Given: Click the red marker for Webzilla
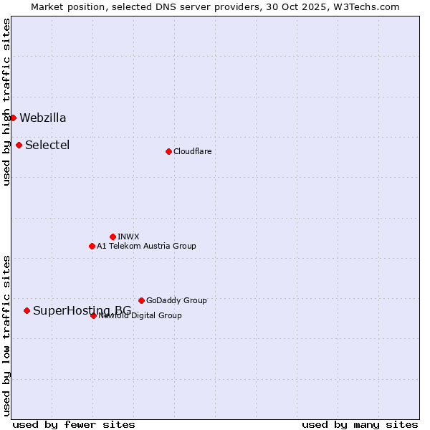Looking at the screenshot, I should pos(13,118).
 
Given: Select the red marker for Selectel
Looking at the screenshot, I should pos(19,145).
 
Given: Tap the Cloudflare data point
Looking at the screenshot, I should pos(168,151).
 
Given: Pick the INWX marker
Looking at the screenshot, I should pos(113,236).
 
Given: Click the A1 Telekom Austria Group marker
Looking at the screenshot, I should pos(92,246).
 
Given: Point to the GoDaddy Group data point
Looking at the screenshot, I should pos(141,300).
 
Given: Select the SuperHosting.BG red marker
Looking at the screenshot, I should pos(27,310).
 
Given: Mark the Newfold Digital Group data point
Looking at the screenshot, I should pos(93,315).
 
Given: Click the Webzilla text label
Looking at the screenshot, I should pos(43,118).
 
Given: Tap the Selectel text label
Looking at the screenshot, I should pos(47,145).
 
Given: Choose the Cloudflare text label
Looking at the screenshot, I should pos(193,152).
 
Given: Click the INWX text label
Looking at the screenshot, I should pos(128,236).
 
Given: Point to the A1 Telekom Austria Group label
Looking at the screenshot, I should pos(146,247).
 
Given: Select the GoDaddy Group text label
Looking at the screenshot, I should pos(176,301).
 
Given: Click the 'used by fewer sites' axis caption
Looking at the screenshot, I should pos(74,425).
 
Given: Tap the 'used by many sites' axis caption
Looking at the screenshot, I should pos(360,425).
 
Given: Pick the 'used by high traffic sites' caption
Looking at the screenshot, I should pos(6,102).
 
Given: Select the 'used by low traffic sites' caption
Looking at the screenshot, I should pos(6,335).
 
